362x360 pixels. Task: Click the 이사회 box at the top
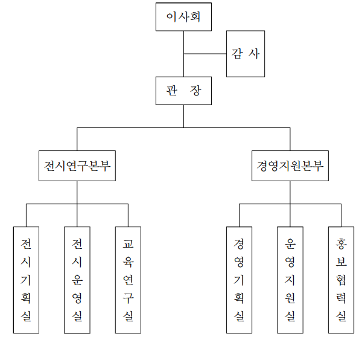point(183,17)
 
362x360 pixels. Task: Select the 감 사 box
point(245,54)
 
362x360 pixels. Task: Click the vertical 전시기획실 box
point(26,280)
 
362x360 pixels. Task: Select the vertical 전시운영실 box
point(77,280)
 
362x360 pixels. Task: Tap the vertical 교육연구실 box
point(128,280)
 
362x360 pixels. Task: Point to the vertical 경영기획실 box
point(239,280)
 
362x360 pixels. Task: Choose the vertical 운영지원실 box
point(290,280)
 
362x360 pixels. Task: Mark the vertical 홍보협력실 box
point(341,280)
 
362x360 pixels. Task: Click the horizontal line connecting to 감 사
point(205,54)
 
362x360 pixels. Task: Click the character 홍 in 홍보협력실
point(341,244)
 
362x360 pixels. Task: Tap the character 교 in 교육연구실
point(128,244)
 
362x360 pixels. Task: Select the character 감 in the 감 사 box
point(237,54)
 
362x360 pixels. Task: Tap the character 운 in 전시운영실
point(77,280)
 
